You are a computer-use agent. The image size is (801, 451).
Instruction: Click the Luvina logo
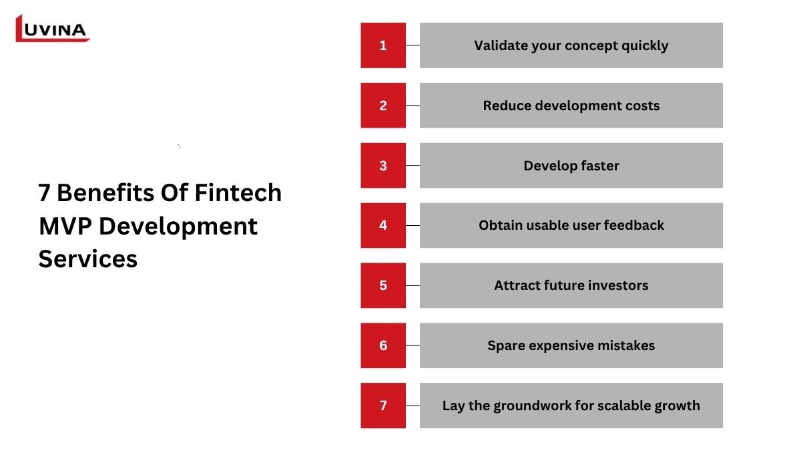[53, 29]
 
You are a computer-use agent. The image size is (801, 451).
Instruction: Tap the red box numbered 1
[383, 45]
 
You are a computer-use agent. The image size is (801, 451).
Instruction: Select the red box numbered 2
[383, 106]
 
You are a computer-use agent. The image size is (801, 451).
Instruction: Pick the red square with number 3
[383, 166]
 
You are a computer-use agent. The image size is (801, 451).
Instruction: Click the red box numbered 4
[383, 226]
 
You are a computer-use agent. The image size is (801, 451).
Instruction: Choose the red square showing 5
[383, 286]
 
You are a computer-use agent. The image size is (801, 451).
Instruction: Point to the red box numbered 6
[383, 345]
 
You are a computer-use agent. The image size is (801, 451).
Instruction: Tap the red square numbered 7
[383, 406]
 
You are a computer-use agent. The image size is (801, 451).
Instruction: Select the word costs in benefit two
[642, 106]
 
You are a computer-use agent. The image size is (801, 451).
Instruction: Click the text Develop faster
[571, 166]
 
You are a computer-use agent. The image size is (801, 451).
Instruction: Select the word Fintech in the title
[238, 192]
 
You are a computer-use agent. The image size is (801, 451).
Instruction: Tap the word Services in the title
[88, 259]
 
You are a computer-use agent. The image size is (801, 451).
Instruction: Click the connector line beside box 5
[413, 286]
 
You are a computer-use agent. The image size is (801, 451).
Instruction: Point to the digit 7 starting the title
[43, 192]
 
